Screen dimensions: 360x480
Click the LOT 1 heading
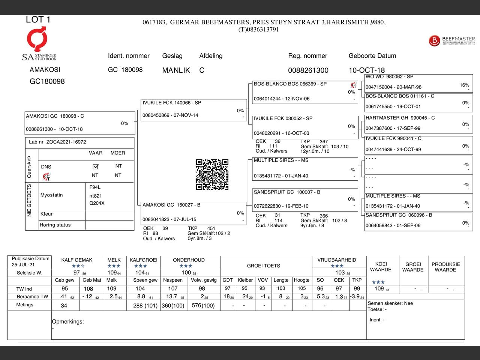(38, 19)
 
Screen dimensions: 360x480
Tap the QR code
(212, 174)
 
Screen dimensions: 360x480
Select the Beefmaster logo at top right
(451, 40)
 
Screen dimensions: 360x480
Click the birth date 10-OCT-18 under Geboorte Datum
(366, 70)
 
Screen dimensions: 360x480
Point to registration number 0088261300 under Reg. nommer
(308, 70)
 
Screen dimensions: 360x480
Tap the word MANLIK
(176, 70)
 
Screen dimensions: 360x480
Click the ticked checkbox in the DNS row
(95, 166)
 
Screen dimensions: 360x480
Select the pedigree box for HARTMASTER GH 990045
(418, 123)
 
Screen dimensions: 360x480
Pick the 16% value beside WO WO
(464, 85)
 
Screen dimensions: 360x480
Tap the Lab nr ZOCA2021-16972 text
(57, 142)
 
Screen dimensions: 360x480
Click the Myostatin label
(52, 195)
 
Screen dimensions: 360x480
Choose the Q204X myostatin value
(97, 203)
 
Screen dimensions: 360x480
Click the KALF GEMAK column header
(77, 260)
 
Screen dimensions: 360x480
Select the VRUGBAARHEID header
(337, 260)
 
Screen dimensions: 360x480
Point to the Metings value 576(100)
(203, 306)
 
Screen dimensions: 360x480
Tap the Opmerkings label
(68, 321)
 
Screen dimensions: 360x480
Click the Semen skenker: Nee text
(390, 303)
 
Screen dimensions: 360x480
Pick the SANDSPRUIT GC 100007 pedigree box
(305, 199)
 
